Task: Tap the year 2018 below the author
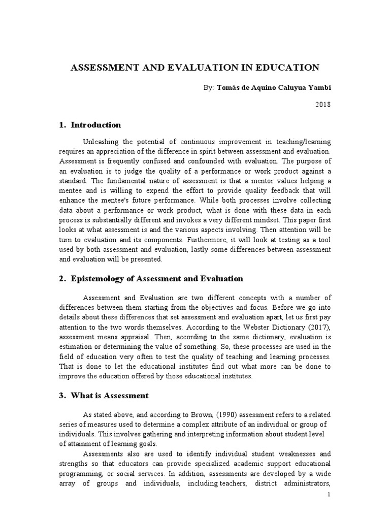322,105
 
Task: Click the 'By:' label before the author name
207,87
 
